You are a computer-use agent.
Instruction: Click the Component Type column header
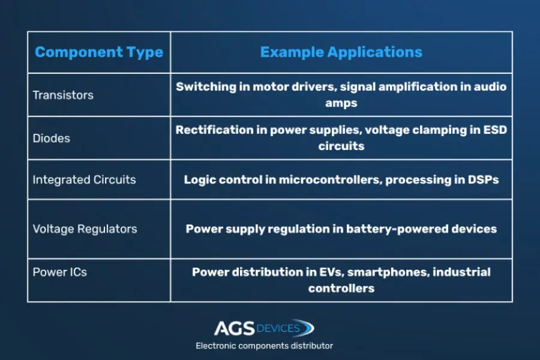pyautogui.click(x=99, y=52)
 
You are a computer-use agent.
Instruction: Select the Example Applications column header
pyautogui.click(x=341, y=52)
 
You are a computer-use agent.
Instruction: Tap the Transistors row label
pyautogui.click(x=63, y=95)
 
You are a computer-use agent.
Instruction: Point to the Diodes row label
pyautogui.click(x=52, y=138)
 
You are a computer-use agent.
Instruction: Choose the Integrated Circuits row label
pyautogui.click(x=84, y=179)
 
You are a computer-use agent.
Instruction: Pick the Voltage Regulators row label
pyautogui.click(x=85, y=229)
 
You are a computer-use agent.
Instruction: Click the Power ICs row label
pyautogui.click(x=59, y=272)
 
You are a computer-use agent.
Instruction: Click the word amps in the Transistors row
pyautogui.click(x=341, y=103)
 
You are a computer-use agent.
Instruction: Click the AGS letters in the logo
pyautogui.click(x=234, y=328)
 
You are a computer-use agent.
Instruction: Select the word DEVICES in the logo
pyautogui.click(x=278, y=328)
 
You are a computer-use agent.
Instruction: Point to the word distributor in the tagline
pyautogui.click(x=311, y=346)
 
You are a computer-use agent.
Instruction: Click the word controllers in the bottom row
pyautogui.click(x=341, y=289)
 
